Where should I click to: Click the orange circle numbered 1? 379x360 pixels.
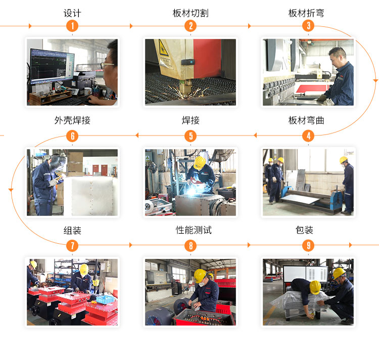[72, 26]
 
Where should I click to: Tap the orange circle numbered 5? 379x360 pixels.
[191, 136]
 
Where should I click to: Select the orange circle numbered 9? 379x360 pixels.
[308, 246]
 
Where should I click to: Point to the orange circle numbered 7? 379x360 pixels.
[72, 246]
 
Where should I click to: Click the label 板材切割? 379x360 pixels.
[191, 13]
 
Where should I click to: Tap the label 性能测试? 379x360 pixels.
[194, 230]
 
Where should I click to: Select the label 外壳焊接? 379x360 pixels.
[72, 120]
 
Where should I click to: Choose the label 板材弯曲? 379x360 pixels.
[306, 120]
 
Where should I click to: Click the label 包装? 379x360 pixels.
[304, 230]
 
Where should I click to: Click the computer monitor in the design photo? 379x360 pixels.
[52, 66]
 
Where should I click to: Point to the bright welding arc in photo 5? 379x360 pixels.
[192, 192]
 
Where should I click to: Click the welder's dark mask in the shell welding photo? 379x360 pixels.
[57, 162]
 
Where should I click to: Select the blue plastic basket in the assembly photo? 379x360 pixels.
[106, 299]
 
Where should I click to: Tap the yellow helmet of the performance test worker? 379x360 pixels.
[200, 275]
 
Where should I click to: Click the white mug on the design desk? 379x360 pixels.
[87, 92]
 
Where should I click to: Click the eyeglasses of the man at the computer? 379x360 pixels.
[107, 65]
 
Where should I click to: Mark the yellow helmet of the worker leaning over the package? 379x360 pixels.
[315, 287]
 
